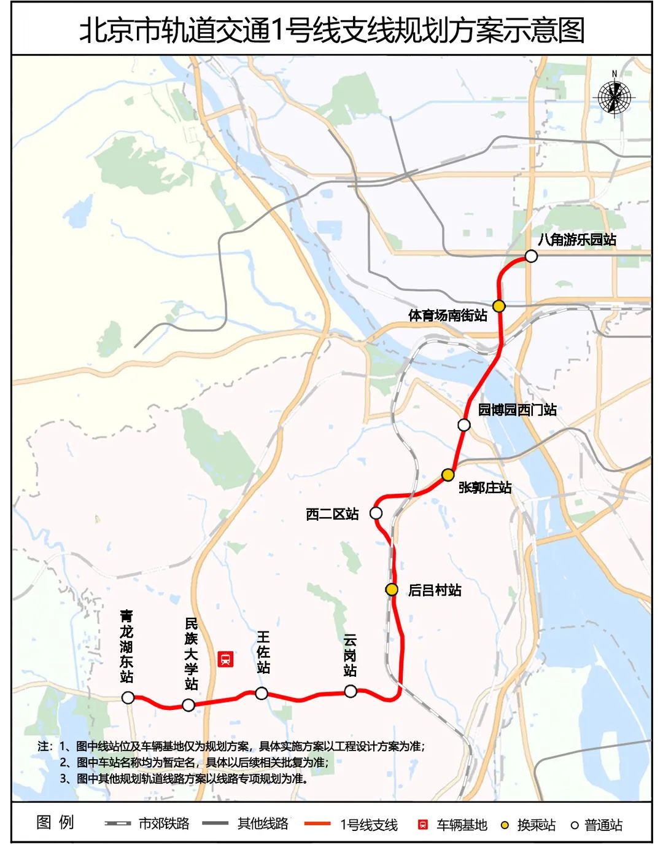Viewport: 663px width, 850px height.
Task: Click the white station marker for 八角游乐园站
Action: [x=531, y=255]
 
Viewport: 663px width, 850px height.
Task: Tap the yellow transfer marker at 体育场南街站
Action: [x=499, y=306]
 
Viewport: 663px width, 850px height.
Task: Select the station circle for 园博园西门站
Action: [x=464, y=425]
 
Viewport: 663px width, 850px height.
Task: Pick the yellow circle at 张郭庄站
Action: [x=448, y=475]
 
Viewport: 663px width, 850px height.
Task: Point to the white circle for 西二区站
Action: [x=376, y=513]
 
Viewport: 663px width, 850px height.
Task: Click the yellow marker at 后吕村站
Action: [x=392, y=590]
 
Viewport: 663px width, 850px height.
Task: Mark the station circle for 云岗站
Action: [x=351, y=692]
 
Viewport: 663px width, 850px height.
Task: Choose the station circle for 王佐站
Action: [x=262, y=693]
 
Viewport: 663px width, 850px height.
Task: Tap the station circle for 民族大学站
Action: [x=188, y=704]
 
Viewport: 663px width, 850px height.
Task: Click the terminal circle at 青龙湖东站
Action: [x=128, y=697]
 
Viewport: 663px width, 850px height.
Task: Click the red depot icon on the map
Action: [x=227, y=660]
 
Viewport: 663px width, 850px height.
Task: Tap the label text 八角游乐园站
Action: [x=577, y=240]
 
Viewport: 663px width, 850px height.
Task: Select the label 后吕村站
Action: [x=435, y=590]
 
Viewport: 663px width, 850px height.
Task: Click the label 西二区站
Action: [x=332, y=514]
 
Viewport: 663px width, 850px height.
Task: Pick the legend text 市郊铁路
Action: [x=164, y=824]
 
